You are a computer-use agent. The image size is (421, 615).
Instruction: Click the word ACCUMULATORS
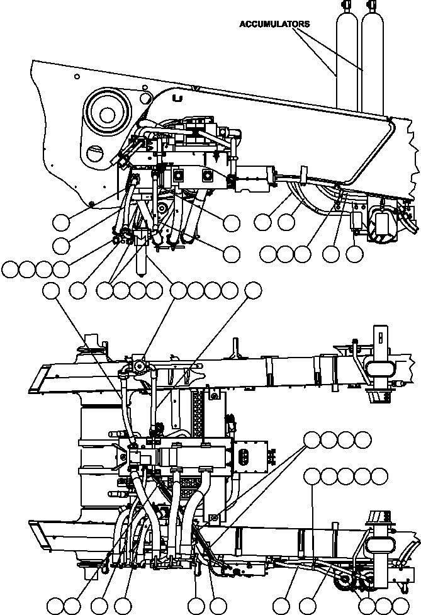[x=274, y=23]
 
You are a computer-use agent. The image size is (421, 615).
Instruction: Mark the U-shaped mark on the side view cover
[x=177, y=98]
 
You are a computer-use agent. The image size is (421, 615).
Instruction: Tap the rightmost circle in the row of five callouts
[x=379, y=477]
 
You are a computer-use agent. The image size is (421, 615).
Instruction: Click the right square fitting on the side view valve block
[x=206, y=175]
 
